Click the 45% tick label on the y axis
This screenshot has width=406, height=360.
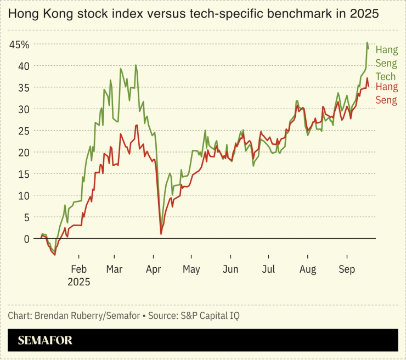click(19, 44)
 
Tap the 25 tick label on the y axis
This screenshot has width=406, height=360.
click(22, 131)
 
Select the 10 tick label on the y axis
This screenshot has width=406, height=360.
click(22, 195)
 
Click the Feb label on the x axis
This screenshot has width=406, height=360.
click(78, 269)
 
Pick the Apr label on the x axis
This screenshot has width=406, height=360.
click(154, 269)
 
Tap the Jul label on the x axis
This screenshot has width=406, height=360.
click(269, 269)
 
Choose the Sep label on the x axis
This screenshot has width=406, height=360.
click(346, 269)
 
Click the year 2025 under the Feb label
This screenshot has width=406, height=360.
click(78, 282)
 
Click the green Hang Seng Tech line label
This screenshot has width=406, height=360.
click(386, 63)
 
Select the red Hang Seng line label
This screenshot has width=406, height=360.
click(386, 93)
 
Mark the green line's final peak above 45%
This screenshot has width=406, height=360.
click(367, 43)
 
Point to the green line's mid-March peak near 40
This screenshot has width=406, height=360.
click(136, 65)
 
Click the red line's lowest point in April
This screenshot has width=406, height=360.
click(161, 234)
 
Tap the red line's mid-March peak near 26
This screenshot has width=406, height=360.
click(137, 125)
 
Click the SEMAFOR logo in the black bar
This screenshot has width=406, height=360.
click(45, 341)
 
